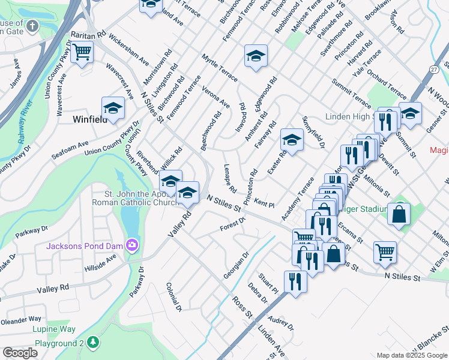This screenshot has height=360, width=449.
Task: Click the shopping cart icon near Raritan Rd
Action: click(x=82, y=52)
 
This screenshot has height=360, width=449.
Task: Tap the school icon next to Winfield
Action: click(x=112, y=108)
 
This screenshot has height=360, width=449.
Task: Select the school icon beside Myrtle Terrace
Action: click(x=256, y=58)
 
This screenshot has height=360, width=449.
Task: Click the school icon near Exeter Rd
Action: click(x=292, y=140)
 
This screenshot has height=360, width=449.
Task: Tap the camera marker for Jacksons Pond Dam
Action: click(x=131, y=245)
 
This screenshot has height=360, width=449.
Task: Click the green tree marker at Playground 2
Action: click(x=92, y=342)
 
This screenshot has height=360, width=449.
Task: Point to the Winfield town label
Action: click(x=89, y=119)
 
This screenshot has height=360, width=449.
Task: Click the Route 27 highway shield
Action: click(x=433, y=70)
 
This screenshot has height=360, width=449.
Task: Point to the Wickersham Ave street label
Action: click(x=129, y=53)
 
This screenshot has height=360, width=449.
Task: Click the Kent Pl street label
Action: click(x=264, y=202)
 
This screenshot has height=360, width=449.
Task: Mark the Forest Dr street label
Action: click(x=233, y=224)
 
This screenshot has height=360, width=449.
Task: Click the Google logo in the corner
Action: click(x=20, y=352)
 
